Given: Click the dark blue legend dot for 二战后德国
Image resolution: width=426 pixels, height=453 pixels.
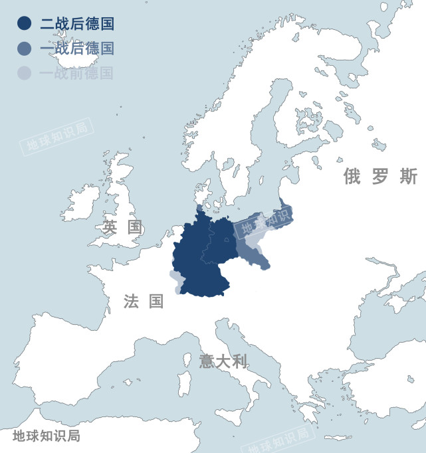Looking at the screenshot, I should (x=24, y=25).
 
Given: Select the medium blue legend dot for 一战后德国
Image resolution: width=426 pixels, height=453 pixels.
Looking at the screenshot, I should (x=24, y=48).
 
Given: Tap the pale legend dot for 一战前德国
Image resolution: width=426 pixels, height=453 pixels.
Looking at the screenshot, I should (x=24, y=72).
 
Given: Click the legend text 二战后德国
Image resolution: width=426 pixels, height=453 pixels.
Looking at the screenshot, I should (x=76, y=25).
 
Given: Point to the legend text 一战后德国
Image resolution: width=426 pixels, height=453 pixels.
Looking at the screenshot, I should (x=76, y=48).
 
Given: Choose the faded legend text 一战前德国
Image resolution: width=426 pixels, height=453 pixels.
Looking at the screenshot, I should (x=76, y=72).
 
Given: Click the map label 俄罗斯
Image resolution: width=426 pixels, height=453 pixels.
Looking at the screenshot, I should (x=380, y=177).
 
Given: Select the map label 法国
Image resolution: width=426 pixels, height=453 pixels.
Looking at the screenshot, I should (x=144, y=302).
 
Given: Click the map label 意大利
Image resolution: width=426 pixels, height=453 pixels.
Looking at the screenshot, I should (x=223, y=361).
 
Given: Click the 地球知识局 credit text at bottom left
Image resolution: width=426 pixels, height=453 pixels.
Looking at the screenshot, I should (x=47, y=436).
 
